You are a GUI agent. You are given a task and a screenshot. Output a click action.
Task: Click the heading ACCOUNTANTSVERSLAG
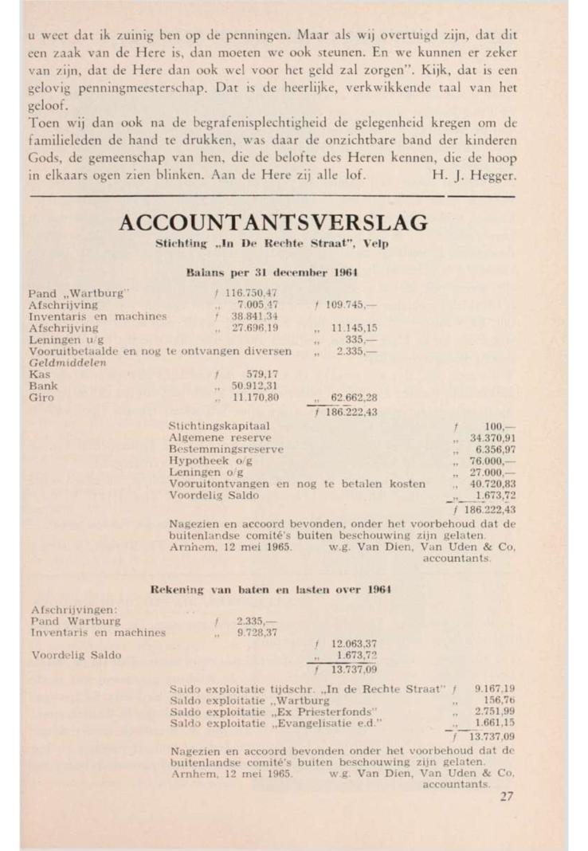pyautogui.click(x=272, y=222)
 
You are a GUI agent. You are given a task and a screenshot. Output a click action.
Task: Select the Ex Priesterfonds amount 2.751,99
pyautogui.click(x=493, y=710)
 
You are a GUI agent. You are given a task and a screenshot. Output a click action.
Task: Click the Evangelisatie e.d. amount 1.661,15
pyautogui.click(x=493, y=722)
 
